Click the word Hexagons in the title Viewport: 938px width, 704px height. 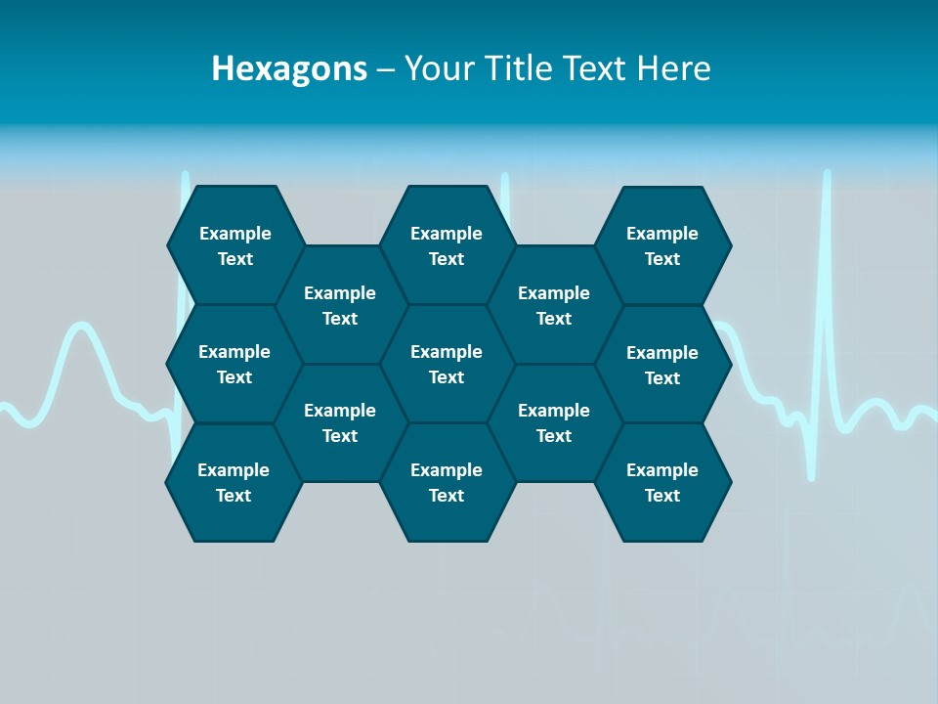click(x=289, y=69)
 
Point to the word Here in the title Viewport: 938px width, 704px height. click(x=673, y=68)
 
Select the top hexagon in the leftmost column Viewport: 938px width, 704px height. click(x=234, y=245)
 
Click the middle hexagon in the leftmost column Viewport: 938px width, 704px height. click(x=234, y=364)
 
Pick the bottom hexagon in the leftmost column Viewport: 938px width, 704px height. click(x=234, y=482)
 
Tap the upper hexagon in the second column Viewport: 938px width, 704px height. click(x=340, y=305)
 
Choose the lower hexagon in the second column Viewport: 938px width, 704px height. click(x=340, y=422)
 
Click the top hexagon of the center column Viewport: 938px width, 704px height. click(x=447, y=245)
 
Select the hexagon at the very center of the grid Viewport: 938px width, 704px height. click(x=447, y=364)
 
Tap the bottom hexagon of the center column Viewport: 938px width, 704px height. click(x=447, y=482)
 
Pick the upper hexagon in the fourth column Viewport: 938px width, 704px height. click(x=554, y=305)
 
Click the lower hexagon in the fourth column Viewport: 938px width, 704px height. click(x=554, y=422)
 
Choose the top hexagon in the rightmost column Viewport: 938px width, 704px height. click(x=662, y=245)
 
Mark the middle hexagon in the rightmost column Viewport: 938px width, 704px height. click(x=662, y=365)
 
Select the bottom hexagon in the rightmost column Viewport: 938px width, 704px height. click(x=662, y=482)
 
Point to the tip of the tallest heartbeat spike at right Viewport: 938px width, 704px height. click(x=827, y=174)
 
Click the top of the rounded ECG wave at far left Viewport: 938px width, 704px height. click(x=78, y=327)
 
